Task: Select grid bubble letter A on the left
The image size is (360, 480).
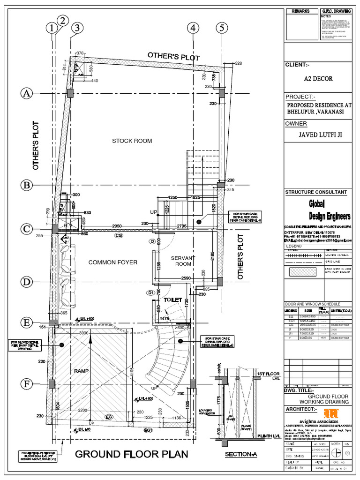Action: [27, 94]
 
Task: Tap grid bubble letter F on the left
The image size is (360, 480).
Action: [27, 384]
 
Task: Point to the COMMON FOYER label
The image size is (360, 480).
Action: [113, 262]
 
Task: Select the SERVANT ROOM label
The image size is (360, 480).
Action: [180, 261]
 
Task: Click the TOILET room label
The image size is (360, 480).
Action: [172, 299]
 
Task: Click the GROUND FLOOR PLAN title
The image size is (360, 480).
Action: [131, 454]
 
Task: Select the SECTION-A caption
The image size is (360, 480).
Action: [241, 455]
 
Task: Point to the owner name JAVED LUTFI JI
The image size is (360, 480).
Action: [321, 135]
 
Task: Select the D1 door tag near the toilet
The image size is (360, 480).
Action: [151, 293]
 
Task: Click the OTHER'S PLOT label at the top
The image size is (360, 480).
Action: [173, 56]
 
